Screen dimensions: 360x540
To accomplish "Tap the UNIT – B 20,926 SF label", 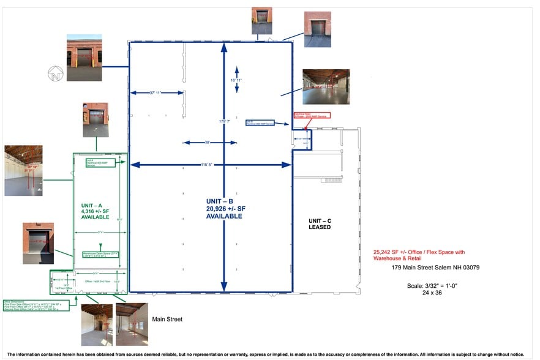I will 223,209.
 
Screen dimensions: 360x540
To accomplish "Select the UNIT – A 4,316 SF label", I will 95,211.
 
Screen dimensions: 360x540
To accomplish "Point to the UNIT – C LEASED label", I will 319,223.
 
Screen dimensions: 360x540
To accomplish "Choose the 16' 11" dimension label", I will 236,80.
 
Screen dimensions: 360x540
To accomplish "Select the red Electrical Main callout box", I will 312,115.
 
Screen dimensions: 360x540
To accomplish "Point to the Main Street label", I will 167,319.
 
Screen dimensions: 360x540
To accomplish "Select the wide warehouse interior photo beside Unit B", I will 326,86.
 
